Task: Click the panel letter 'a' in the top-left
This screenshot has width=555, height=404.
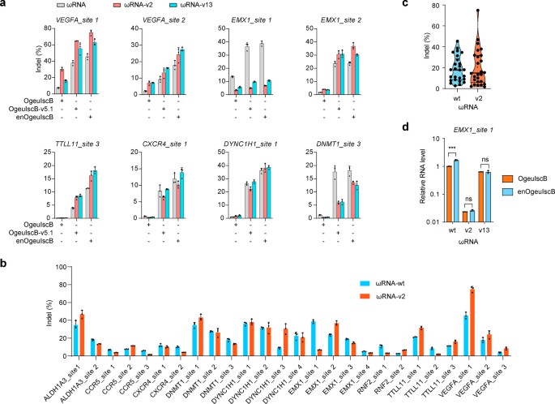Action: (x=5, y=6)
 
